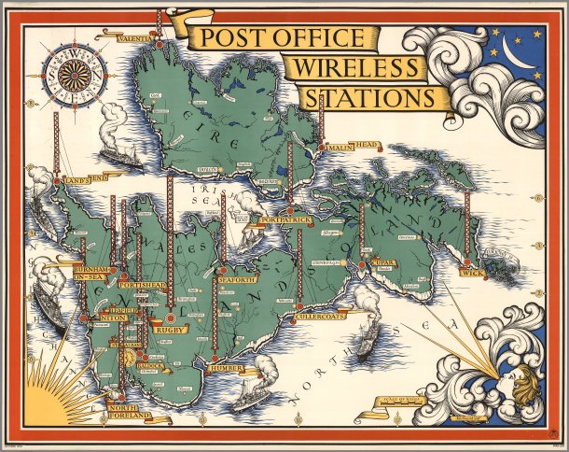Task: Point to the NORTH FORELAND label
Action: point(127,413)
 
